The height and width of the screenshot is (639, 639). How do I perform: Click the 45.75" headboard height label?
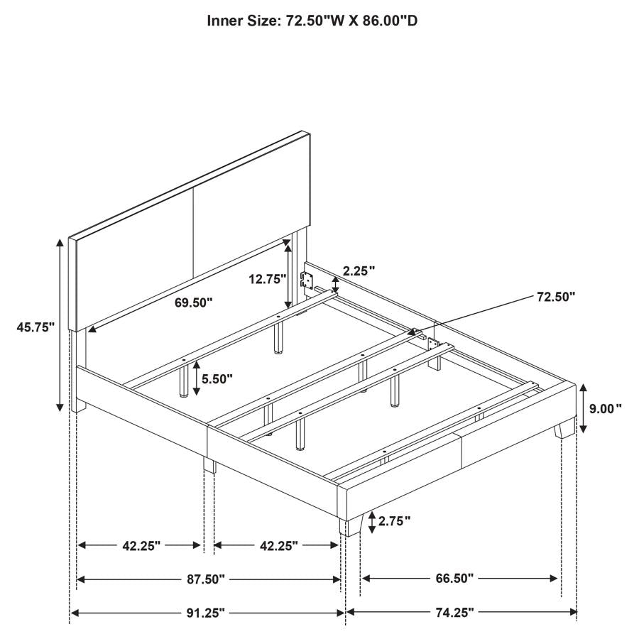click(35, 327)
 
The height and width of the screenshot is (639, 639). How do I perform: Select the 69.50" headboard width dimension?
click(194, 302)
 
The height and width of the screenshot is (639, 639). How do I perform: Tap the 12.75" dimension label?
click(268, 279)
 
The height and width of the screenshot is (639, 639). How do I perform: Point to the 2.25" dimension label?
click(359, 271)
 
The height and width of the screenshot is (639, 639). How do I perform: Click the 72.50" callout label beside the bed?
click(556, 297)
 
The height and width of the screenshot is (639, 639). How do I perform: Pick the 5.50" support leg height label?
click(217, 379)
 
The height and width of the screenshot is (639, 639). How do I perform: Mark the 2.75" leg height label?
click(395, 521)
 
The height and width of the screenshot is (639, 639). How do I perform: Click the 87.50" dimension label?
click(206, 579)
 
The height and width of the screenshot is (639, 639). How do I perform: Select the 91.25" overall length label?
click(206, 613)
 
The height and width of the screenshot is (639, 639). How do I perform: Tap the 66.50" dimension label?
click(455, 578)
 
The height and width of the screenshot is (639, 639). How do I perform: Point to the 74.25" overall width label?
click(455, 612)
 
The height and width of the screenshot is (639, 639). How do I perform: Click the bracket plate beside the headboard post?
click(307, 280)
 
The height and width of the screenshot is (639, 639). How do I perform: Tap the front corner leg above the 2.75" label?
click(351, 525)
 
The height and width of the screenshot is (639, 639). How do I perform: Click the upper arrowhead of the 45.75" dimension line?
click(60, 244)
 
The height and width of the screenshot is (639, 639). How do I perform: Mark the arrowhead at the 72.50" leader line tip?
click(418, 332)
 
